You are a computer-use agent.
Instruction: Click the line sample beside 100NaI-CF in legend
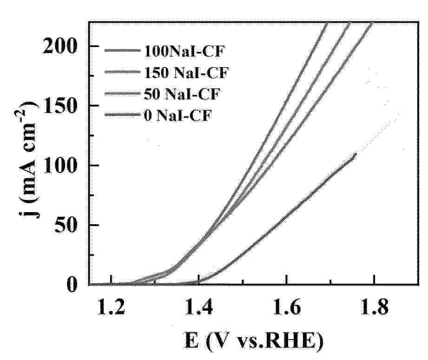[122, 50]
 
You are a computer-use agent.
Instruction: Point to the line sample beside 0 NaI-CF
[122, 115]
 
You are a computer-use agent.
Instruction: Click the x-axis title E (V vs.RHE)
[250, 343]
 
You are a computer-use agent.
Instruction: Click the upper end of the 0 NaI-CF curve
[356, 154]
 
